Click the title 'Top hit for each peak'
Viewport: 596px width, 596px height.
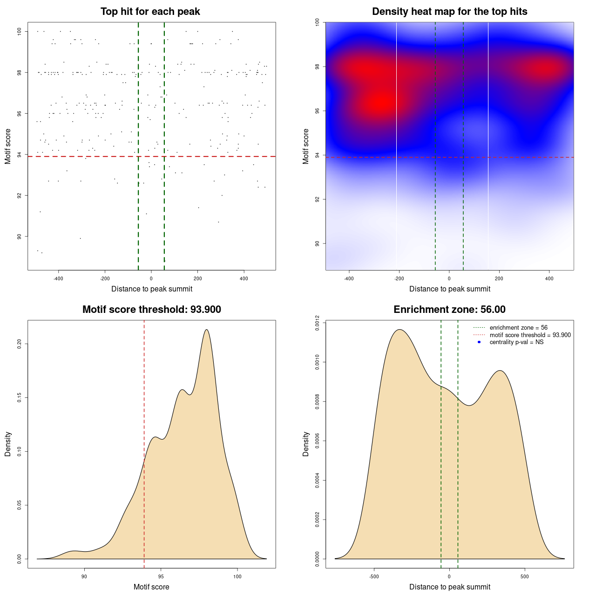(x=150, y=12)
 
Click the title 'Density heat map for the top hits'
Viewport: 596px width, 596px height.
(x=449, y=12)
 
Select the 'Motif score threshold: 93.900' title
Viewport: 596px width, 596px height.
(x=151, y=310)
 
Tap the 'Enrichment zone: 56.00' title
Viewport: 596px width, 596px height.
(x=449, y=310)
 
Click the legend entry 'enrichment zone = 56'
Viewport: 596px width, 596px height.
(x=518, y=328)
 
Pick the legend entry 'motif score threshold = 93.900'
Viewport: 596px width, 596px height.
(x=530, y=335)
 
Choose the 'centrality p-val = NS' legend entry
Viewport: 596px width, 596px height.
(x=516, y=342)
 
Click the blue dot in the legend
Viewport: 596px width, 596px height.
(x=479, y=342)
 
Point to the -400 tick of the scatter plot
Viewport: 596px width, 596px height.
(x=58, y=279)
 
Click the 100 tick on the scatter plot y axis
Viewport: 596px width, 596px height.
(x=19, y=31)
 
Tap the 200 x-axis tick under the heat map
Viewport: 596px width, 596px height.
(x=499, y=279)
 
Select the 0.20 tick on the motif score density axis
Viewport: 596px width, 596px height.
(x=19, y=344)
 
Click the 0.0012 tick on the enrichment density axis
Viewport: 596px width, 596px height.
(x=317, y=323)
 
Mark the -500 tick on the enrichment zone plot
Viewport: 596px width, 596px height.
(x=374, y=576)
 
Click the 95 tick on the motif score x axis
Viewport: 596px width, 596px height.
(x=161, y=576)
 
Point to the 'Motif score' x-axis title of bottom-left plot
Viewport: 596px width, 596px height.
(x=151, y=587)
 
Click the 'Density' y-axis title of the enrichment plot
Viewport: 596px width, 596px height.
(x=306, y=444)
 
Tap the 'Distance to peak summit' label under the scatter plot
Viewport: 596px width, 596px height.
(x=152, y=289)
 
